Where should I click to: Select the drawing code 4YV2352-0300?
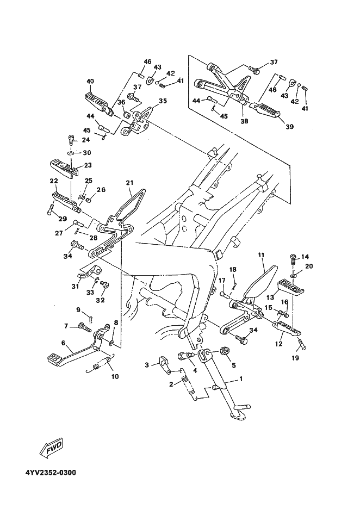[50, 472]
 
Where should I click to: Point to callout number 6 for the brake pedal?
[63, 343]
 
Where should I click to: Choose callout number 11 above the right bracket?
[260, 254]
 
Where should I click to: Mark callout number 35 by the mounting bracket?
[163, 101]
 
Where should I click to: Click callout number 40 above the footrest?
[90, 82]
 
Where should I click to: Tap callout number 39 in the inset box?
[289, 126]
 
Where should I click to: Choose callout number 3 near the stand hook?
[147, 364]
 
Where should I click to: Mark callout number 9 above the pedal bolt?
[78, 309]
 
